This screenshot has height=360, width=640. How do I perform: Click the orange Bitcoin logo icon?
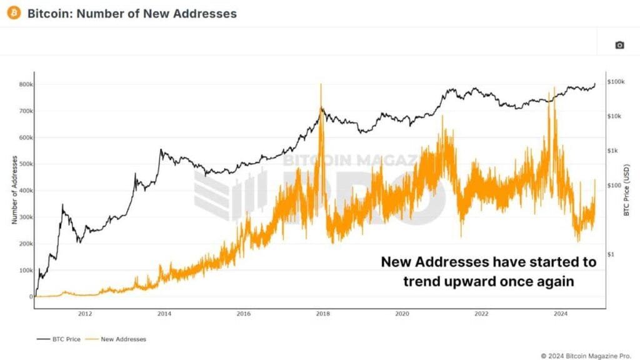pos(13,12)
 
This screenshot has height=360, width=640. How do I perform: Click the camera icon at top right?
pos(619,45)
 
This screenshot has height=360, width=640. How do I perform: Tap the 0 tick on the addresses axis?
pos(31,297)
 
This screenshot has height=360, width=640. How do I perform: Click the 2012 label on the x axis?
pos(85,314)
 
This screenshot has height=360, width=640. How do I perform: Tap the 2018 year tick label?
pos(323,314)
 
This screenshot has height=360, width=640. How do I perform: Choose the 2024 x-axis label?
pos(561,314)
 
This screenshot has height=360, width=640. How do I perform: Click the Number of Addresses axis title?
pos(13,191)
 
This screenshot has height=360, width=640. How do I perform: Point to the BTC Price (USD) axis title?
pos(626,191)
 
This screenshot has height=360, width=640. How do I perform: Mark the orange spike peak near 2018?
pos(321,85)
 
